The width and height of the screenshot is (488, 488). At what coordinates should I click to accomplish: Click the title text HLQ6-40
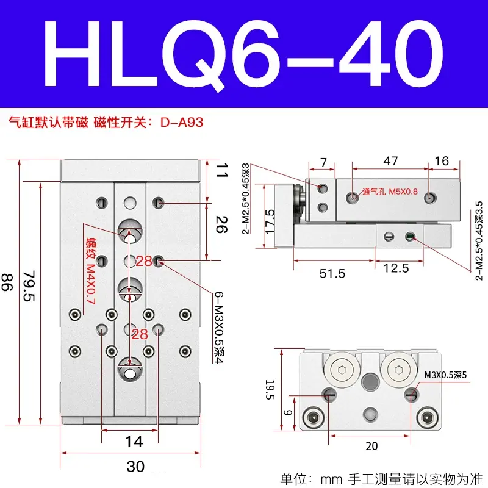click(x=243, y=54)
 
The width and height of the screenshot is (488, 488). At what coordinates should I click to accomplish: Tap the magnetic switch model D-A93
click(x=182, y=123)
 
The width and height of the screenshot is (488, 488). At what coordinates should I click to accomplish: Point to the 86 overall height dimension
click(x=7, y=282)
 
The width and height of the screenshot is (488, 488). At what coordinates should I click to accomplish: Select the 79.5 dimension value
click(x=29, y=286)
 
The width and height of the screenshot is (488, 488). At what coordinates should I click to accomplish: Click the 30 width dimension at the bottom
click(x=135, y=467)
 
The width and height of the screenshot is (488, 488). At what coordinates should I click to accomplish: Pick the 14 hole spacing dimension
click(x=134, y=442)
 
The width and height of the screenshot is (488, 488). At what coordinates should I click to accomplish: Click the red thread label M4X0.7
click(x=90, y=284)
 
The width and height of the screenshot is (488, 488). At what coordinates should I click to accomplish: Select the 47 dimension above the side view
click(x=390, y=161)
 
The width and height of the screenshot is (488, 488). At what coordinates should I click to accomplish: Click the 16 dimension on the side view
click(x=442, y=161)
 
